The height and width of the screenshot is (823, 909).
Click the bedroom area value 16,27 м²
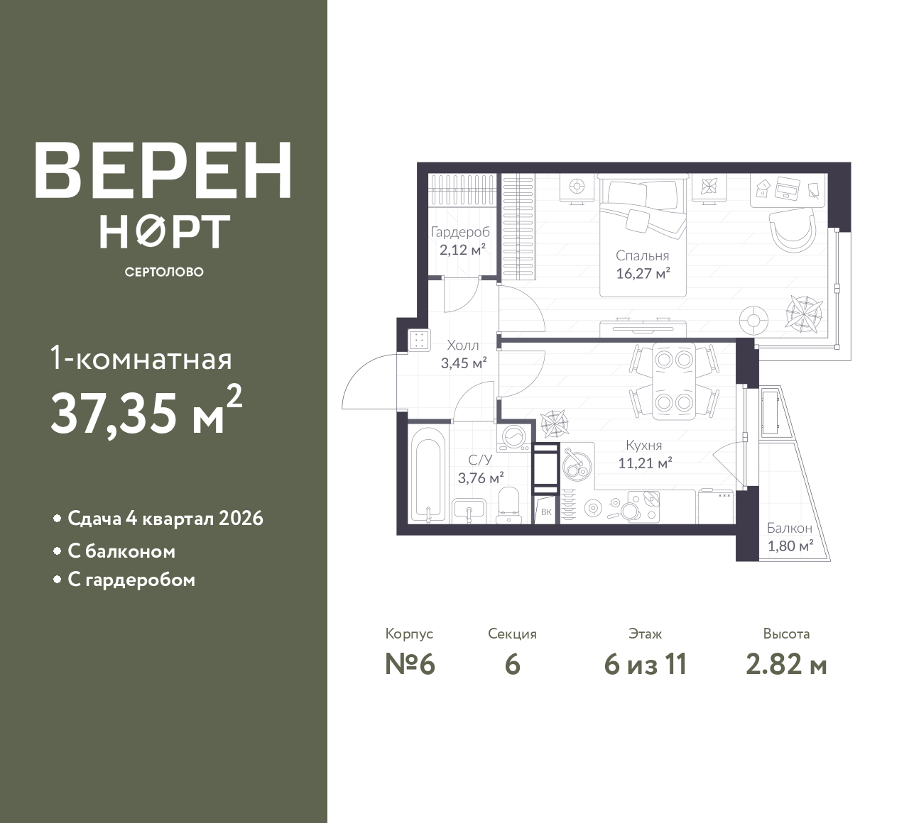pos(643,274)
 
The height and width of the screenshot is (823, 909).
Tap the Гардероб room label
pos(460,232)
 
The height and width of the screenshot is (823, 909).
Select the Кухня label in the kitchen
pos(643,446)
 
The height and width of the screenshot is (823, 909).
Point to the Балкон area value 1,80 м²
pos(790,546)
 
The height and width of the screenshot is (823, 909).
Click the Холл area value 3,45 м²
pos(464,363)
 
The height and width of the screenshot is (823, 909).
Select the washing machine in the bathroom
pos(513,438)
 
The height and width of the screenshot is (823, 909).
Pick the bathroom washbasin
pos(469,511)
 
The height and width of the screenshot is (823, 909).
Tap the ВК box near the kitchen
pos(547,511)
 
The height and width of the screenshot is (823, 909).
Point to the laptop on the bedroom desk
pos(789,187)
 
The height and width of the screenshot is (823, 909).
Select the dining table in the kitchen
pos(673,381)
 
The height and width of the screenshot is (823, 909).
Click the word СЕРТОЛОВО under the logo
pos(164,272)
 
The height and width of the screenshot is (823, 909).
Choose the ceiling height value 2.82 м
pos(786,665)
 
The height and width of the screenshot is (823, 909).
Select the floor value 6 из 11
pos(646,665)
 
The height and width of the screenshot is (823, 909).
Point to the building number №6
pos(410,665)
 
